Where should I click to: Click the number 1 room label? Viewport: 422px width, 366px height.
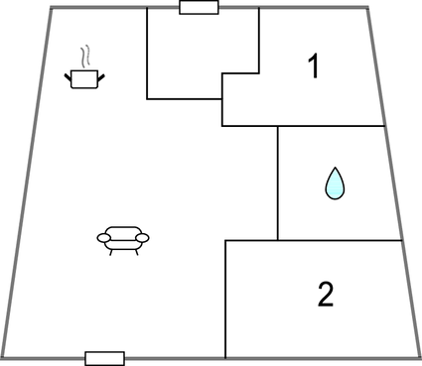coord(314,67)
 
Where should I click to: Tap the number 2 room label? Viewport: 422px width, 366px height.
coord(326,294)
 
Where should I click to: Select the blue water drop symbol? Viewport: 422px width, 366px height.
coord(336,183)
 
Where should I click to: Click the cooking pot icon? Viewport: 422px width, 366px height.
coord(85,78)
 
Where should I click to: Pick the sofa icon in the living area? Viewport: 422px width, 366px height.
coord(123,239)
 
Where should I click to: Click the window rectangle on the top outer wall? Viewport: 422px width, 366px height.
coord(199,8)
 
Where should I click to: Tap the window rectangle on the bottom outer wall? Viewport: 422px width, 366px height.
coord(104,358)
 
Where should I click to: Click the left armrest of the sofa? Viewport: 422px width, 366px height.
coord(103,236)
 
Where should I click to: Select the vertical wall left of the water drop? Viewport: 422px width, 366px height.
coord(278,183)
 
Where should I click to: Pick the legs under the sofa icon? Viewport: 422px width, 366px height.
coord(123,251)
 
